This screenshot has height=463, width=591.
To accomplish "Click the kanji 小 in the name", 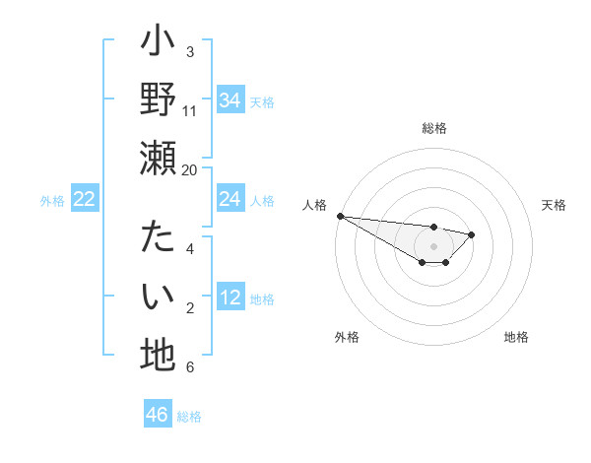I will pyautogui.click(x=158, y=44).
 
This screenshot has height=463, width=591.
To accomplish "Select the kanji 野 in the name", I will pyautogui.click(x=158, y=99).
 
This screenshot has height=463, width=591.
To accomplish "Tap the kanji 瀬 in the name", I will pyautogui.click(x=158, y=159).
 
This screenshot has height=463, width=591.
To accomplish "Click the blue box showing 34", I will pyautogui.click(x=230, y=99).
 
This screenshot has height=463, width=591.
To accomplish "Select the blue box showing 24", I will pyautogui.click(x=230, y=199).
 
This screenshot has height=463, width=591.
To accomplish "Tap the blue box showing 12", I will pyautogui.click(x=230, y=298).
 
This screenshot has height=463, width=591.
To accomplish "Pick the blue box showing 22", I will pyautogui.click(x=85, y=199).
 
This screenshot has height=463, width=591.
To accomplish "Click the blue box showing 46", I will pyautogui.click(x=158, y=415).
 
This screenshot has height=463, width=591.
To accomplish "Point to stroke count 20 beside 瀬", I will pyautogui.click(x=190, y=169).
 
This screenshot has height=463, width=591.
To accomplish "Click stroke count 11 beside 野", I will pyautogui.click(x=190, y=110).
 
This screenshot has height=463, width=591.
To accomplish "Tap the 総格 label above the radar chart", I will pyautogui.click(x=434, y=128).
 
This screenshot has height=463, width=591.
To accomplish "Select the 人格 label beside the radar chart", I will pyautogui.click(x=315, y=205).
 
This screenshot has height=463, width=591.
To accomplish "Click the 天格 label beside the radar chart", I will pyautogui.click(x=555, y=205).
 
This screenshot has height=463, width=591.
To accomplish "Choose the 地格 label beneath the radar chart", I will pyautogui.click(x=516, y=338).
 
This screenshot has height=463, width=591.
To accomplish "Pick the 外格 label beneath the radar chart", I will pyautogui.click(x=347, y=338).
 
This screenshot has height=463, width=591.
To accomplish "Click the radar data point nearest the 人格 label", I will pyautogui.click(x=340, y=216).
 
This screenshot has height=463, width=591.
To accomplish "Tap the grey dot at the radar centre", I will pyautogui.click(x=433, y=246).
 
